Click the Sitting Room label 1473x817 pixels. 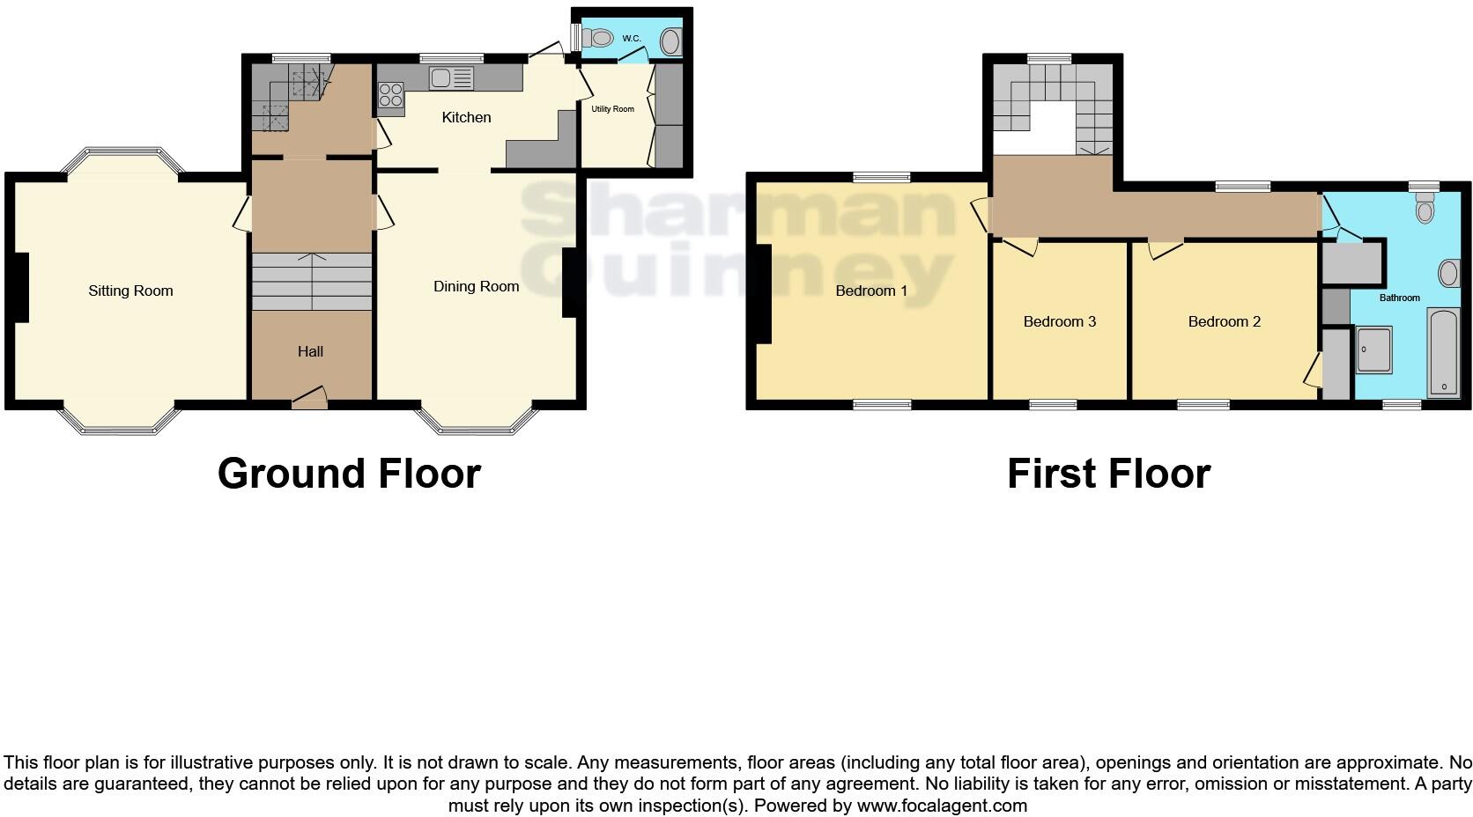(130, 291)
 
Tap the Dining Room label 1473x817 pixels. (476, 286)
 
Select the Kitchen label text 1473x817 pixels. (466, 117)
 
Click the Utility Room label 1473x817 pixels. (612, 109)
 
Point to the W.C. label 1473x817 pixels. (632, 39)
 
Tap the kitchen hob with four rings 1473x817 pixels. (391, 93)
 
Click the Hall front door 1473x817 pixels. (309, 401)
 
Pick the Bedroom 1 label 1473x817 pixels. (871, 291)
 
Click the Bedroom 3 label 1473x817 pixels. (1059, 321)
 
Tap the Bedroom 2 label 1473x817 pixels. (1224, 321)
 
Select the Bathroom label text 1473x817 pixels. (1399, 298)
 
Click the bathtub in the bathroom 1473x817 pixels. (1443, 352)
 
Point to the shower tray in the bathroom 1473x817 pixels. (1373, 350)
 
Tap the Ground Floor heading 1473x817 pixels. (349, 474)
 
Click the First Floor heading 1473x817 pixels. (1108, 474)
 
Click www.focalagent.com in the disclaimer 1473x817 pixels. (942, 805)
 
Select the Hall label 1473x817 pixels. (310, 351)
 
